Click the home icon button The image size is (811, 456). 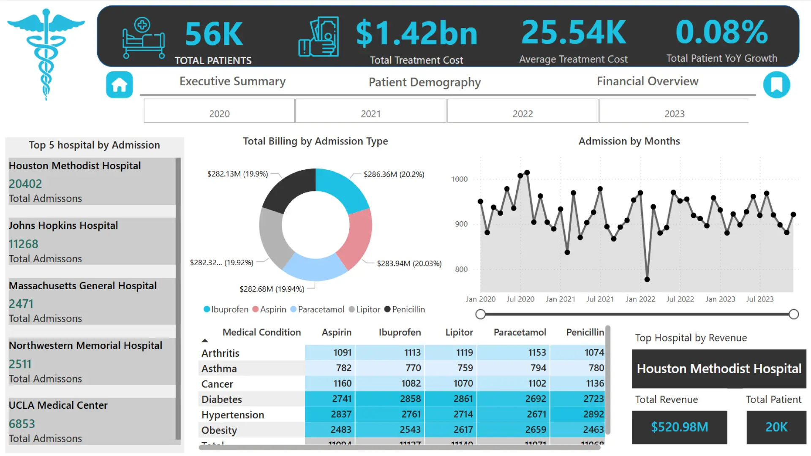coord(119,85)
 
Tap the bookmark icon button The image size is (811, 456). coord(776,85)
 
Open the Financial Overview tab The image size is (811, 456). coord(647,81)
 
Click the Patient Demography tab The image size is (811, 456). coord(425,82)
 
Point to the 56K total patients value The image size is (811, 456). coord(214,34)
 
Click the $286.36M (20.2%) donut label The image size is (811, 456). coord(394,174)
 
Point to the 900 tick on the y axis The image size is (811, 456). coord(461,224)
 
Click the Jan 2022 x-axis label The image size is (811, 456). coord(640,299)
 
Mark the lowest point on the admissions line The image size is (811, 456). coord(647,279)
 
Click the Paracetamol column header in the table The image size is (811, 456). coord(520,332)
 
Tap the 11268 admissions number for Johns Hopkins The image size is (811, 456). coord(24,244)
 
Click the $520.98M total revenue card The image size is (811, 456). coord(679,427)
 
